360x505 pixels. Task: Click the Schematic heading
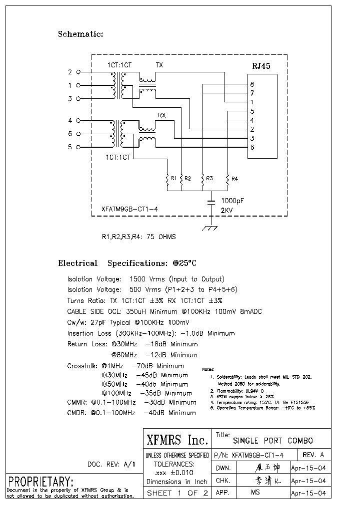[x=80, y=34]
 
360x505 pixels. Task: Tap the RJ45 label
[x=261, y=65]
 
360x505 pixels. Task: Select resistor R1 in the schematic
[x=167, y=179]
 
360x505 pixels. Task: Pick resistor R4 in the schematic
[x=227, y=179]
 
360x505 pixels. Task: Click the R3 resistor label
[x=209, y=178]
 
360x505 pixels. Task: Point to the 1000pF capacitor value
[x=232, y=200]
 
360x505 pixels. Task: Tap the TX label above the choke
[x=159, y=65]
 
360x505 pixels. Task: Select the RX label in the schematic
[x=161, y=115]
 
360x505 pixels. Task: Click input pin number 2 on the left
[x=70, y=72]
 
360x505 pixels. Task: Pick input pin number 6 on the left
[x=70, y=134]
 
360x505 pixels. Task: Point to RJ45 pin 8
[x=252, y=84]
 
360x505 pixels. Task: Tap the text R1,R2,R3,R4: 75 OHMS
[x=139, y=237]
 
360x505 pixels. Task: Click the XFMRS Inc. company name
[x=177, y=440]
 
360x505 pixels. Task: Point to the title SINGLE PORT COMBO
[x=273, y=441]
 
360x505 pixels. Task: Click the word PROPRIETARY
[x=40, y=482]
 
